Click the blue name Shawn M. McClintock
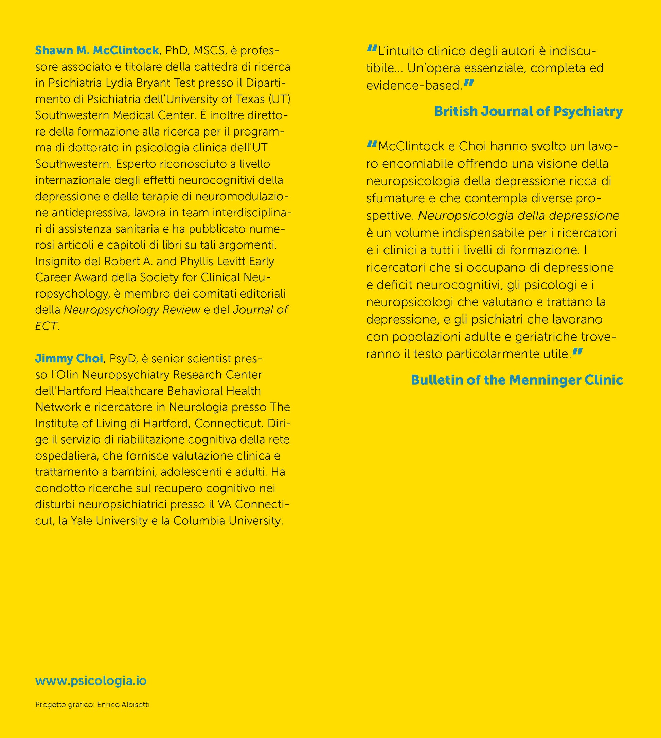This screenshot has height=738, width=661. pos(97,50)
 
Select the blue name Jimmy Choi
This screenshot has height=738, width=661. pos(69,358)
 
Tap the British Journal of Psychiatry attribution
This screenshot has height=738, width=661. pos(529,111)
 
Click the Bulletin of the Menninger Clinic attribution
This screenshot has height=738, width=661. pos(517,380)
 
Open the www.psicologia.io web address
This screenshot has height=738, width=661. pos(91,681)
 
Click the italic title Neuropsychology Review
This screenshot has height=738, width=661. pos(132,310)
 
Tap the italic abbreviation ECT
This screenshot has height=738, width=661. pos(46,326)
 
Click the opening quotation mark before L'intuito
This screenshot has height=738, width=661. pos(372,48)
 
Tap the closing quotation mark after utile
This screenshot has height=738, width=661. pos(577,352)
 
